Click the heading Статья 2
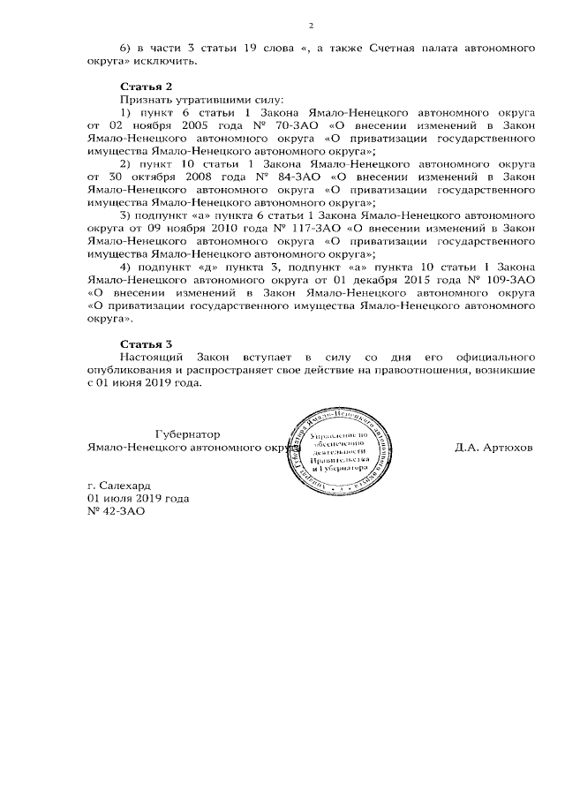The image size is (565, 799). tap(141, 87)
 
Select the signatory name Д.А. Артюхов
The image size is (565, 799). tap(493, 448)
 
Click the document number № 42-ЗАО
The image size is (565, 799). tap(109, 510)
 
